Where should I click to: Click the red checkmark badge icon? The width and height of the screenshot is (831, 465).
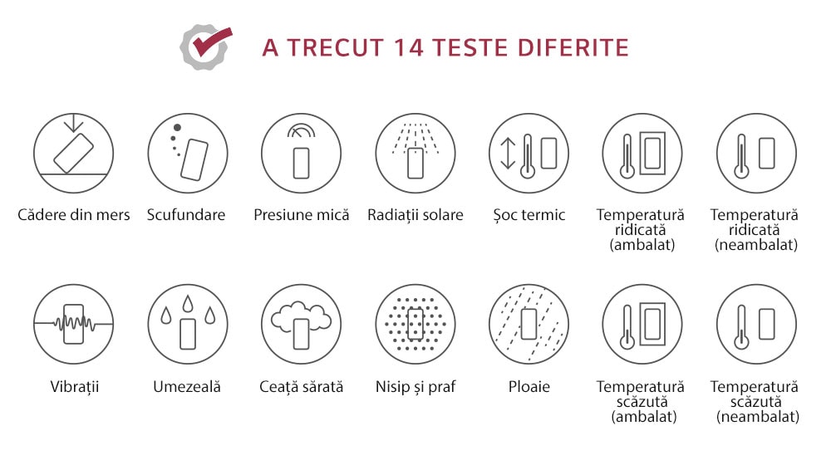click(x=205, y=46)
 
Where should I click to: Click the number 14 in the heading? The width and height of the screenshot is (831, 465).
click(x=409, y=47)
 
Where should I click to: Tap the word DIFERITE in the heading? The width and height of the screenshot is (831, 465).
click(x=573, y=47)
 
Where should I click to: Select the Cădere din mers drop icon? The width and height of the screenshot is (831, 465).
click(x=74, y=153)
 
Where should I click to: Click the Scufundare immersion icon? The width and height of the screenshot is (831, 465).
click(x=188, y=153)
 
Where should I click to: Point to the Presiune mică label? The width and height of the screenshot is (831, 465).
click(x=302, y=214)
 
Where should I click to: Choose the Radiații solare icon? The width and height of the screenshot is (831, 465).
click(x=415, y=153)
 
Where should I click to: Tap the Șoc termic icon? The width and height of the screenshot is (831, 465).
click(x=529, y=153)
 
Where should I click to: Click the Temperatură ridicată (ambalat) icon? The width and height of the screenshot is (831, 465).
click(x=642, y=153)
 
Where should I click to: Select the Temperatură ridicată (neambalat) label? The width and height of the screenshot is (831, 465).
click(x=755, y=230)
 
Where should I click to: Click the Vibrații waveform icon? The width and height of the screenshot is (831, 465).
click(x=74, y=324)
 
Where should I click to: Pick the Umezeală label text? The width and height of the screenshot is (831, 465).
click(x=187, y=387)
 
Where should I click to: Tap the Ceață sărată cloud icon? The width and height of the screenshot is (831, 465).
click(x=302, y=324)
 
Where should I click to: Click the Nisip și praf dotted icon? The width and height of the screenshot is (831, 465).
click(x=415, y=324)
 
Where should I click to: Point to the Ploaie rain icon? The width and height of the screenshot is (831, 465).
click(x=529, y=324)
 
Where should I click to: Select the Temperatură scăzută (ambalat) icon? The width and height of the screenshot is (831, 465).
click(x=642, y=324)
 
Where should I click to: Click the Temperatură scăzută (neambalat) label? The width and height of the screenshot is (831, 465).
click(x=755, y=401)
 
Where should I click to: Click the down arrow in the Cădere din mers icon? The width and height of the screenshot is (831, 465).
click(x=73, y=123)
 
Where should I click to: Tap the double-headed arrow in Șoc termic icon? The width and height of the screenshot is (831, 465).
click(x=508, y=153)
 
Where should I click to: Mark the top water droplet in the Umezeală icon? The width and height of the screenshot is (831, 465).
click(x=188, y=303)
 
